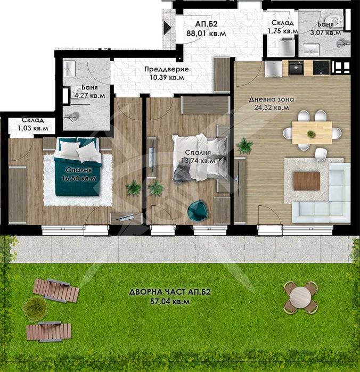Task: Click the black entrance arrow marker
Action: [x=167, y=28]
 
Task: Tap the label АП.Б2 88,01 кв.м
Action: [x=206, y=29]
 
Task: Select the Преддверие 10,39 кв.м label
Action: [x=167, y=73]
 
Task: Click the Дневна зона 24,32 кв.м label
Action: [x=272, y=103]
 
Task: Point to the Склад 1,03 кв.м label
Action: [x=33, y=124]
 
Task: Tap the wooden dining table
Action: [x=312, y=132]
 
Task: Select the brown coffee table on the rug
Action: [x=307, y=181]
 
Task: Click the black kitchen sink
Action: [x=296, y=68]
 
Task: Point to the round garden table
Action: [x=300, y=297]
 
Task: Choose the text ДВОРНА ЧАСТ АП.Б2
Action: [x=170, y=292]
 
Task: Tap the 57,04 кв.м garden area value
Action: [x=170, y=302]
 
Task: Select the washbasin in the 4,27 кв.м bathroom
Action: [x=70, y=69]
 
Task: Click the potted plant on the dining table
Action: [x=310, y=134]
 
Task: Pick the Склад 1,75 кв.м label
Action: [x=283, y=27]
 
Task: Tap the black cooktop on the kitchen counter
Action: [x=321, y=68]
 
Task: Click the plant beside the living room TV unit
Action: [x=245, y=146]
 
